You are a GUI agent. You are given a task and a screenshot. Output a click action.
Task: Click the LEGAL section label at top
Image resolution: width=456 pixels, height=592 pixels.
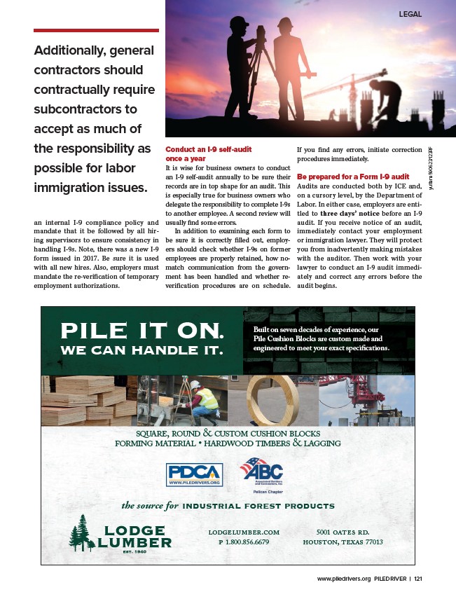coord(410,13)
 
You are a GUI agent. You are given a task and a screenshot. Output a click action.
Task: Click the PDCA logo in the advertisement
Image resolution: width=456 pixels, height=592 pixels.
coord(194,474)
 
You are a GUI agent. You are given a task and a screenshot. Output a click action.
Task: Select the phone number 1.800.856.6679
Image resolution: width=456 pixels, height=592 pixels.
coord(244,542)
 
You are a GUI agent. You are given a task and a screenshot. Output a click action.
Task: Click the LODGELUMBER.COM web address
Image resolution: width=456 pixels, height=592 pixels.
coord(244,532)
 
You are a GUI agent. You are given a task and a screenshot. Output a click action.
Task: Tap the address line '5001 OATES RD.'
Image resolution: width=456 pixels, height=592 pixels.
coord(343,532)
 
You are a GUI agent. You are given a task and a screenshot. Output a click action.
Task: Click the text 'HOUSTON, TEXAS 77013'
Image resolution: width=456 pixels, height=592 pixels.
coord(343,542)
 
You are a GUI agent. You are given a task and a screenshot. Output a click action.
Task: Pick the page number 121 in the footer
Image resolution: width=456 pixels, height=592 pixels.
coord(418,579)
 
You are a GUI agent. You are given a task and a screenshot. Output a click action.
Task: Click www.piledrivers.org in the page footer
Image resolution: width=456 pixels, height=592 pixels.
coord(344,579)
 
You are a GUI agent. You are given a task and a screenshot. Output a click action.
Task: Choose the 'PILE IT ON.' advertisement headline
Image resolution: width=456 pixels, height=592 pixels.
coord(143,329)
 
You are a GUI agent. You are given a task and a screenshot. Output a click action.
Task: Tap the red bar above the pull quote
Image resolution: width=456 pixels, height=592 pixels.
coord(97,30)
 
